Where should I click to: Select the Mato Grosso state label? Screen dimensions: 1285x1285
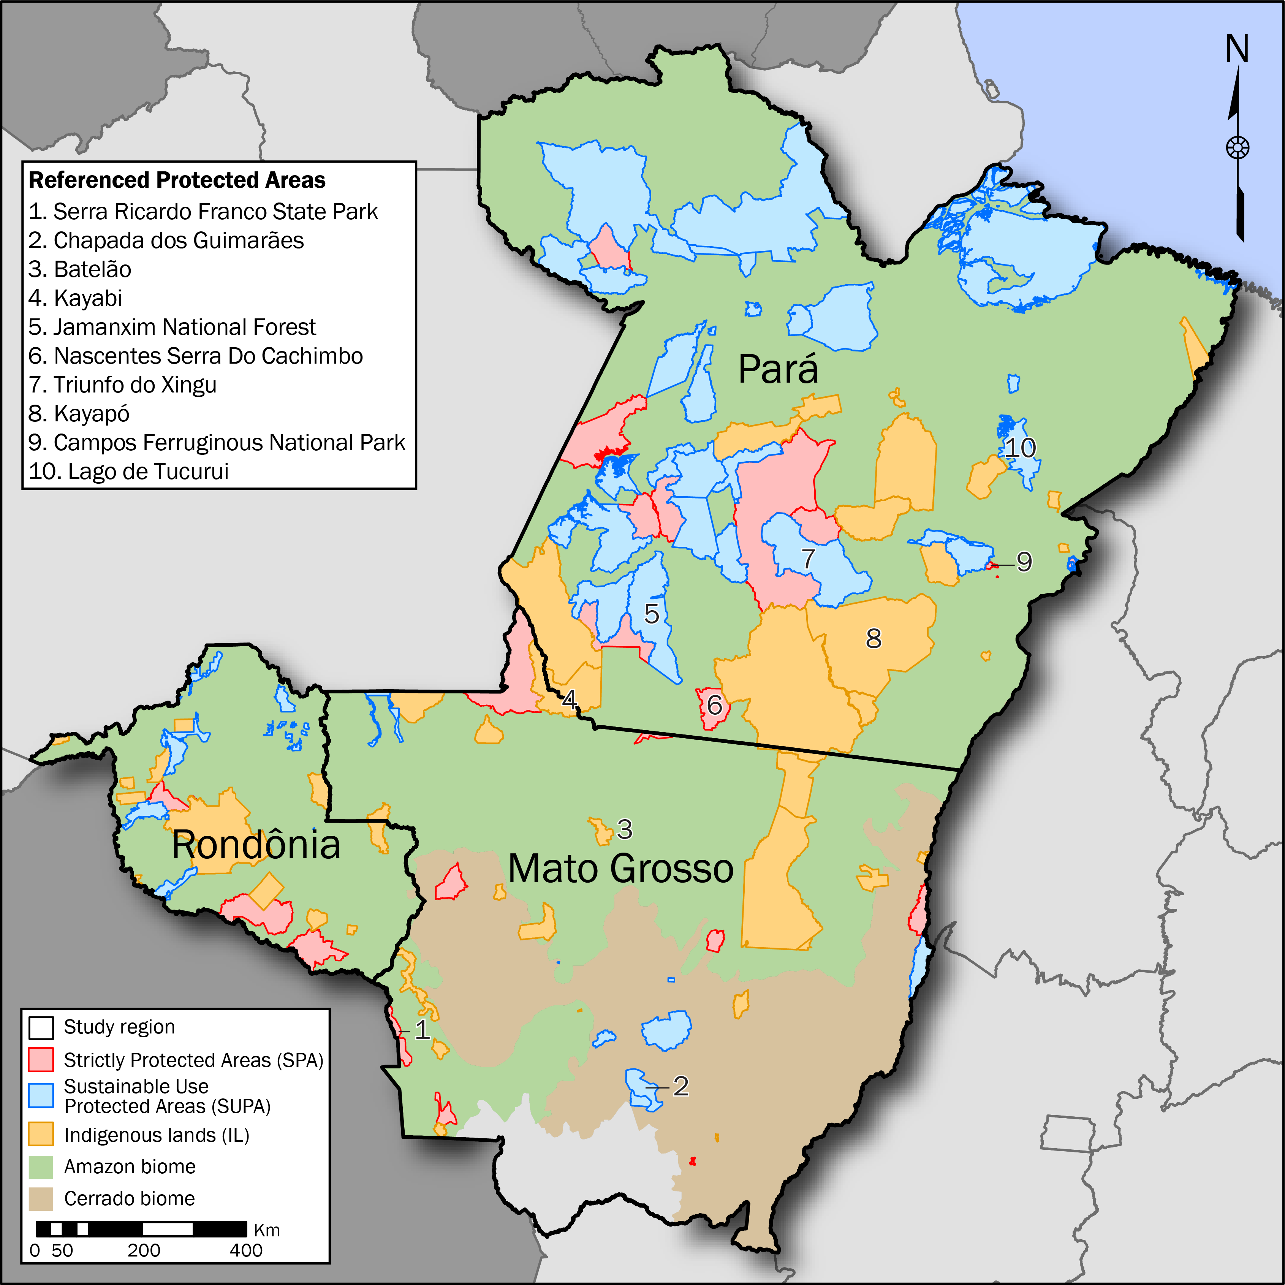click(x=620, y=869)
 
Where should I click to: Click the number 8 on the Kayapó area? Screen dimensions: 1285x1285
click(x=873, y=638)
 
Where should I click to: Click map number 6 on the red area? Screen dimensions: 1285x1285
click(x=714, y=705)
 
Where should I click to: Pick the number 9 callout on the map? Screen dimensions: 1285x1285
click(x=1024, y=562)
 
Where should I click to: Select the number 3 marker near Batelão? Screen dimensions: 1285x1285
click(x=625, y=829)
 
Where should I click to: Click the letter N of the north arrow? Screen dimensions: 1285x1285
click(x=1237, y=49)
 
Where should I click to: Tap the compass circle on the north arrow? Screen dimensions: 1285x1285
click(x=1237, y=148)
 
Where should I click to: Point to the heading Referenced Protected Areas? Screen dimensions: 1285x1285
click(x=177, y=180)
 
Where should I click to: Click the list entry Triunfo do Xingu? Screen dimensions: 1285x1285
click(x=123, y=385)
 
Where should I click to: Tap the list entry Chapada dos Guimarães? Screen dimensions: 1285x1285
click(x=166, y=241)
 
